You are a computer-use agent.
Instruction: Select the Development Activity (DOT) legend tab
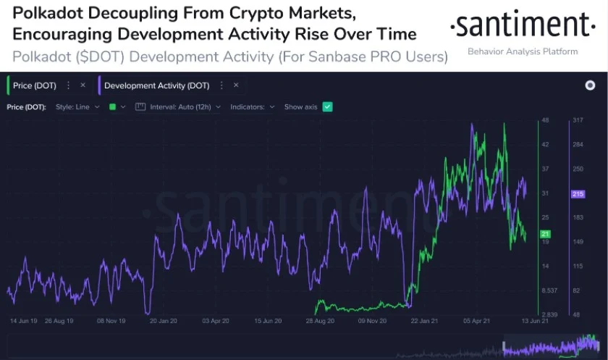click(156, 85)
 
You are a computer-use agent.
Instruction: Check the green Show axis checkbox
click(327, 106)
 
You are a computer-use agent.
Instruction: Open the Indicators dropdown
click(252, 106)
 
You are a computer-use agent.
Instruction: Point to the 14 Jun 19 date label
click(23, 319)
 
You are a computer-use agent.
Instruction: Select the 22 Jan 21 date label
click(424, 319)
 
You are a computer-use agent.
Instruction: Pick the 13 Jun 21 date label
click(533, 319)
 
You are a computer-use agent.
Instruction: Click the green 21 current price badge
click(546, 234)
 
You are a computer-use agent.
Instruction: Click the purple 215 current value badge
click(578, 194)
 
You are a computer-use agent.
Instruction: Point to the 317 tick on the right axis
click(578, 120)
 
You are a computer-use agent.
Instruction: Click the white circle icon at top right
click(590, 85)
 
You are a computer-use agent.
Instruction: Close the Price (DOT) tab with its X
click(83, 85)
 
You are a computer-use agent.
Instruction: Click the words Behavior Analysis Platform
click(523, 51)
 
